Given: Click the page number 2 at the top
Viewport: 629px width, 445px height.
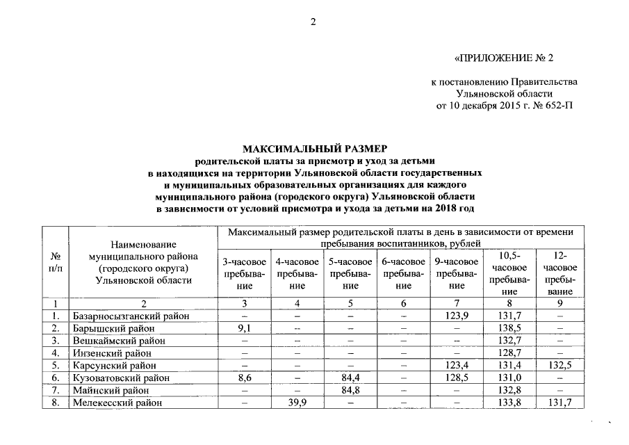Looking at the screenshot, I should [313, 22].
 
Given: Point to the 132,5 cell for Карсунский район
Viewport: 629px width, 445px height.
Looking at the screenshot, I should [559, 365].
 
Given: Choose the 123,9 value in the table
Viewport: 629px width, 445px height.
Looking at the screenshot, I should [457, 316].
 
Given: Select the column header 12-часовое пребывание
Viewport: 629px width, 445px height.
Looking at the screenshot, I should [559, 273].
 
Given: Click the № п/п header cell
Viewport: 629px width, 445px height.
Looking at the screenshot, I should [55, 263].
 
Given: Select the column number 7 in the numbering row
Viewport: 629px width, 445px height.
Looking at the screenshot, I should [457, 303].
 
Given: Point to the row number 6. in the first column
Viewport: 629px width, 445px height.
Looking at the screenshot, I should [56, 377].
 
